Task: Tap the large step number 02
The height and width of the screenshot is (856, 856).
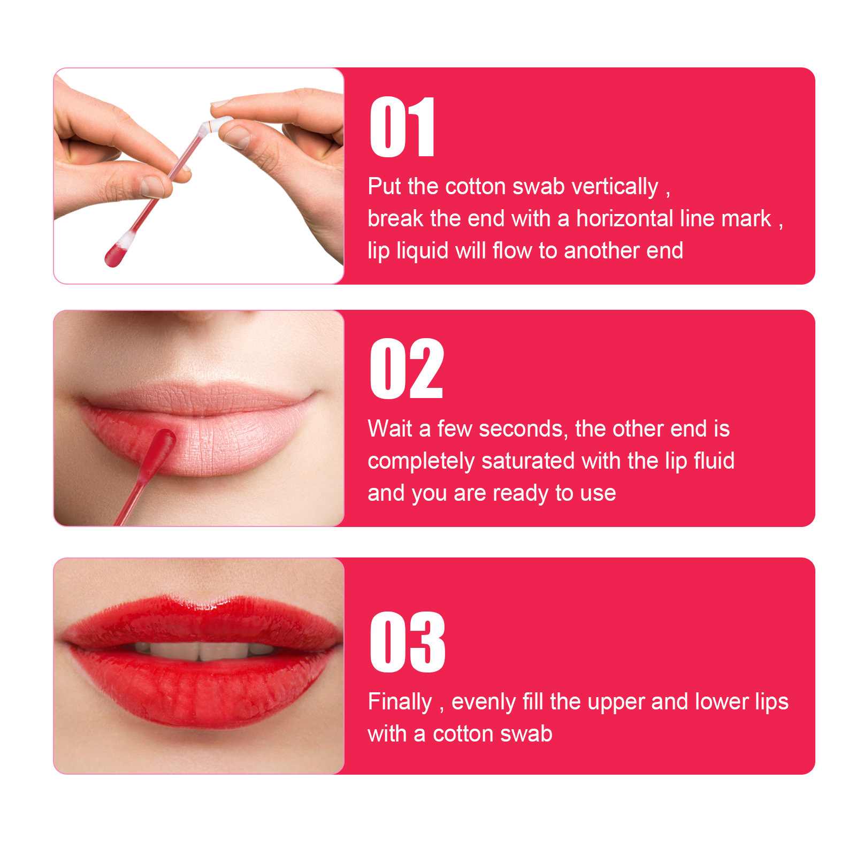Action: tap(407, 369)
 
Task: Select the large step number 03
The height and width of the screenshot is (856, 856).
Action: tap(408, 643)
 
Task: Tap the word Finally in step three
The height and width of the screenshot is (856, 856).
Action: tap(400, 702)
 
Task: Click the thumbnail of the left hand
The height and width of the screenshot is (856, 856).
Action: tap(152, 186)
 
